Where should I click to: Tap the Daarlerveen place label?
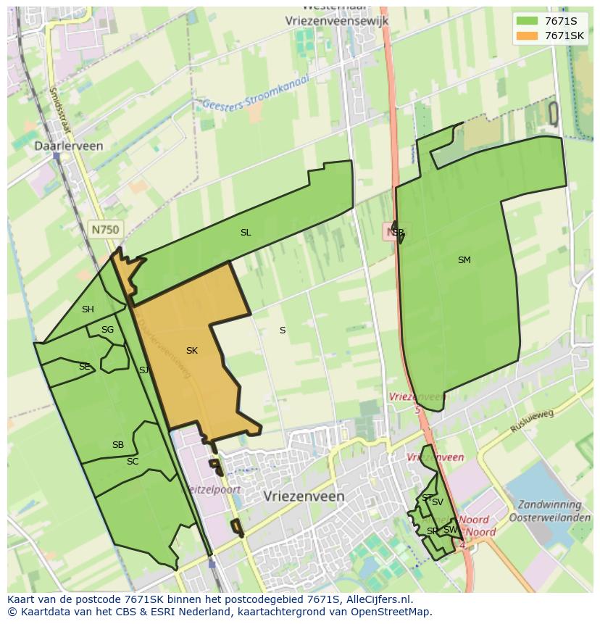pos(69,146)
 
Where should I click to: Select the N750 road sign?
pos(105,229)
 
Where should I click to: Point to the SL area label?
pos(246,233)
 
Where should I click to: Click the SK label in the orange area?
pos(192,351)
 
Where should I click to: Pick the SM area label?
pos(464,260)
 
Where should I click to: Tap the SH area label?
pos(88,309)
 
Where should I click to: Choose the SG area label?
pos(107,330)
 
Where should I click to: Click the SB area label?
pos(118,445)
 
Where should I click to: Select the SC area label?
pos(133,462)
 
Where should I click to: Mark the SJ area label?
pos(143,370)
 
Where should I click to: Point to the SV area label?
pos(438,502)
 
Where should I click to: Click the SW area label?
pos(450,530)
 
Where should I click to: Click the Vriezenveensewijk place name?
pos(337,21)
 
